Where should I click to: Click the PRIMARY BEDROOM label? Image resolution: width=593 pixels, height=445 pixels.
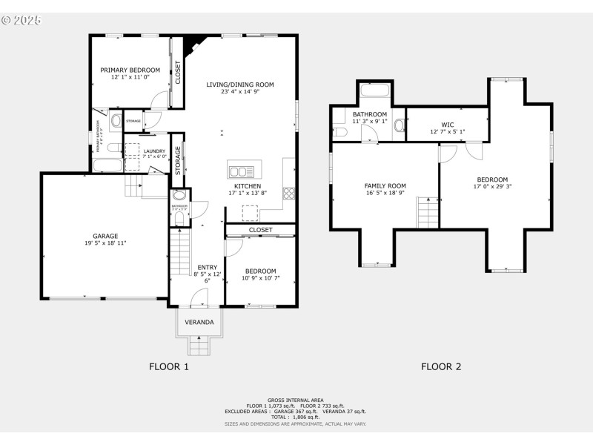pyautogui.click(x=130, y=70)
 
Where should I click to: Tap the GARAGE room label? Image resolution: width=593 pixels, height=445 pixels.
pyautogui.click(x=105, y=236)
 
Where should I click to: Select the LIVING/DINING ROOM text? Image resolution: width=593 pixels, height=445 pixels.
pyautogui.click(x=239, y=85)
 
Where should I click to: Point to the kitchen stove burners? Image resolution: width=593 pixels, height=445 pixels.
pyautogui.click(x=288, y=193)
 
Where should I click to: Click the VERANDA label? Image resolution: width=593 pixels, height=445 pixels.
pyautogui.click(x=199, y=323)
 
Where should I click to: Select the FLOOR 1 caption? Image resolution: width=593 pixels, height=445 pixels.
pyautogui.click(x=169, y=366)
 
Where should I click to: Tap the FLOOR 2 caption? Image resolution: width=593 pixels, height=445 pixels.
pyautogui.click(x=441, y=366)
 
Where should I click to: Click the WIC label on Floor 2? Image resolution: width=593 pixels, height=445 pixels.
pyautogui.click(x=448, y=125)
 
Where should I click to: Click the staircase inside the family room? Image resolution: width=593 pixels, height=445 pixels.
pyautogui.click(x=428, y=213)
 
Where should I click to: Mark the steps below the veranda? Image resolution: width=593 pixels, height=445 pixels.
pyautogui.click(x=199, y=345)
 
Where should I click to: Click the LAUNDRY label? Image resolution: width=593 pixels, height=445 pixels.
pyautogui.click(x=155, y=151)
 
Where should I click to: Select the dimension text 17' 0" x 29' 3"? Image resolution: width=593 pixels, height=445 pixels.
pyautogui.click(x=492, y=187)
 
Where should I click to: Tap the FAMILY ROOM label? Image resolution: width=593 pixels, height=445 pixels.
pyautogui.click(x=385, y=185)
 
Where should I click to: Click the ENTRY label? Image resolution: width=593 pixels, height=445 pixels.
pyautogui.click(x=206, y=267)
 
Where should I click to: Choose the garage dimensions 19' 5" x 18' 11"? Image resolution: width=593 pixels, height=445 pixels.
pyautogui.click(x=105, y=243)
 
